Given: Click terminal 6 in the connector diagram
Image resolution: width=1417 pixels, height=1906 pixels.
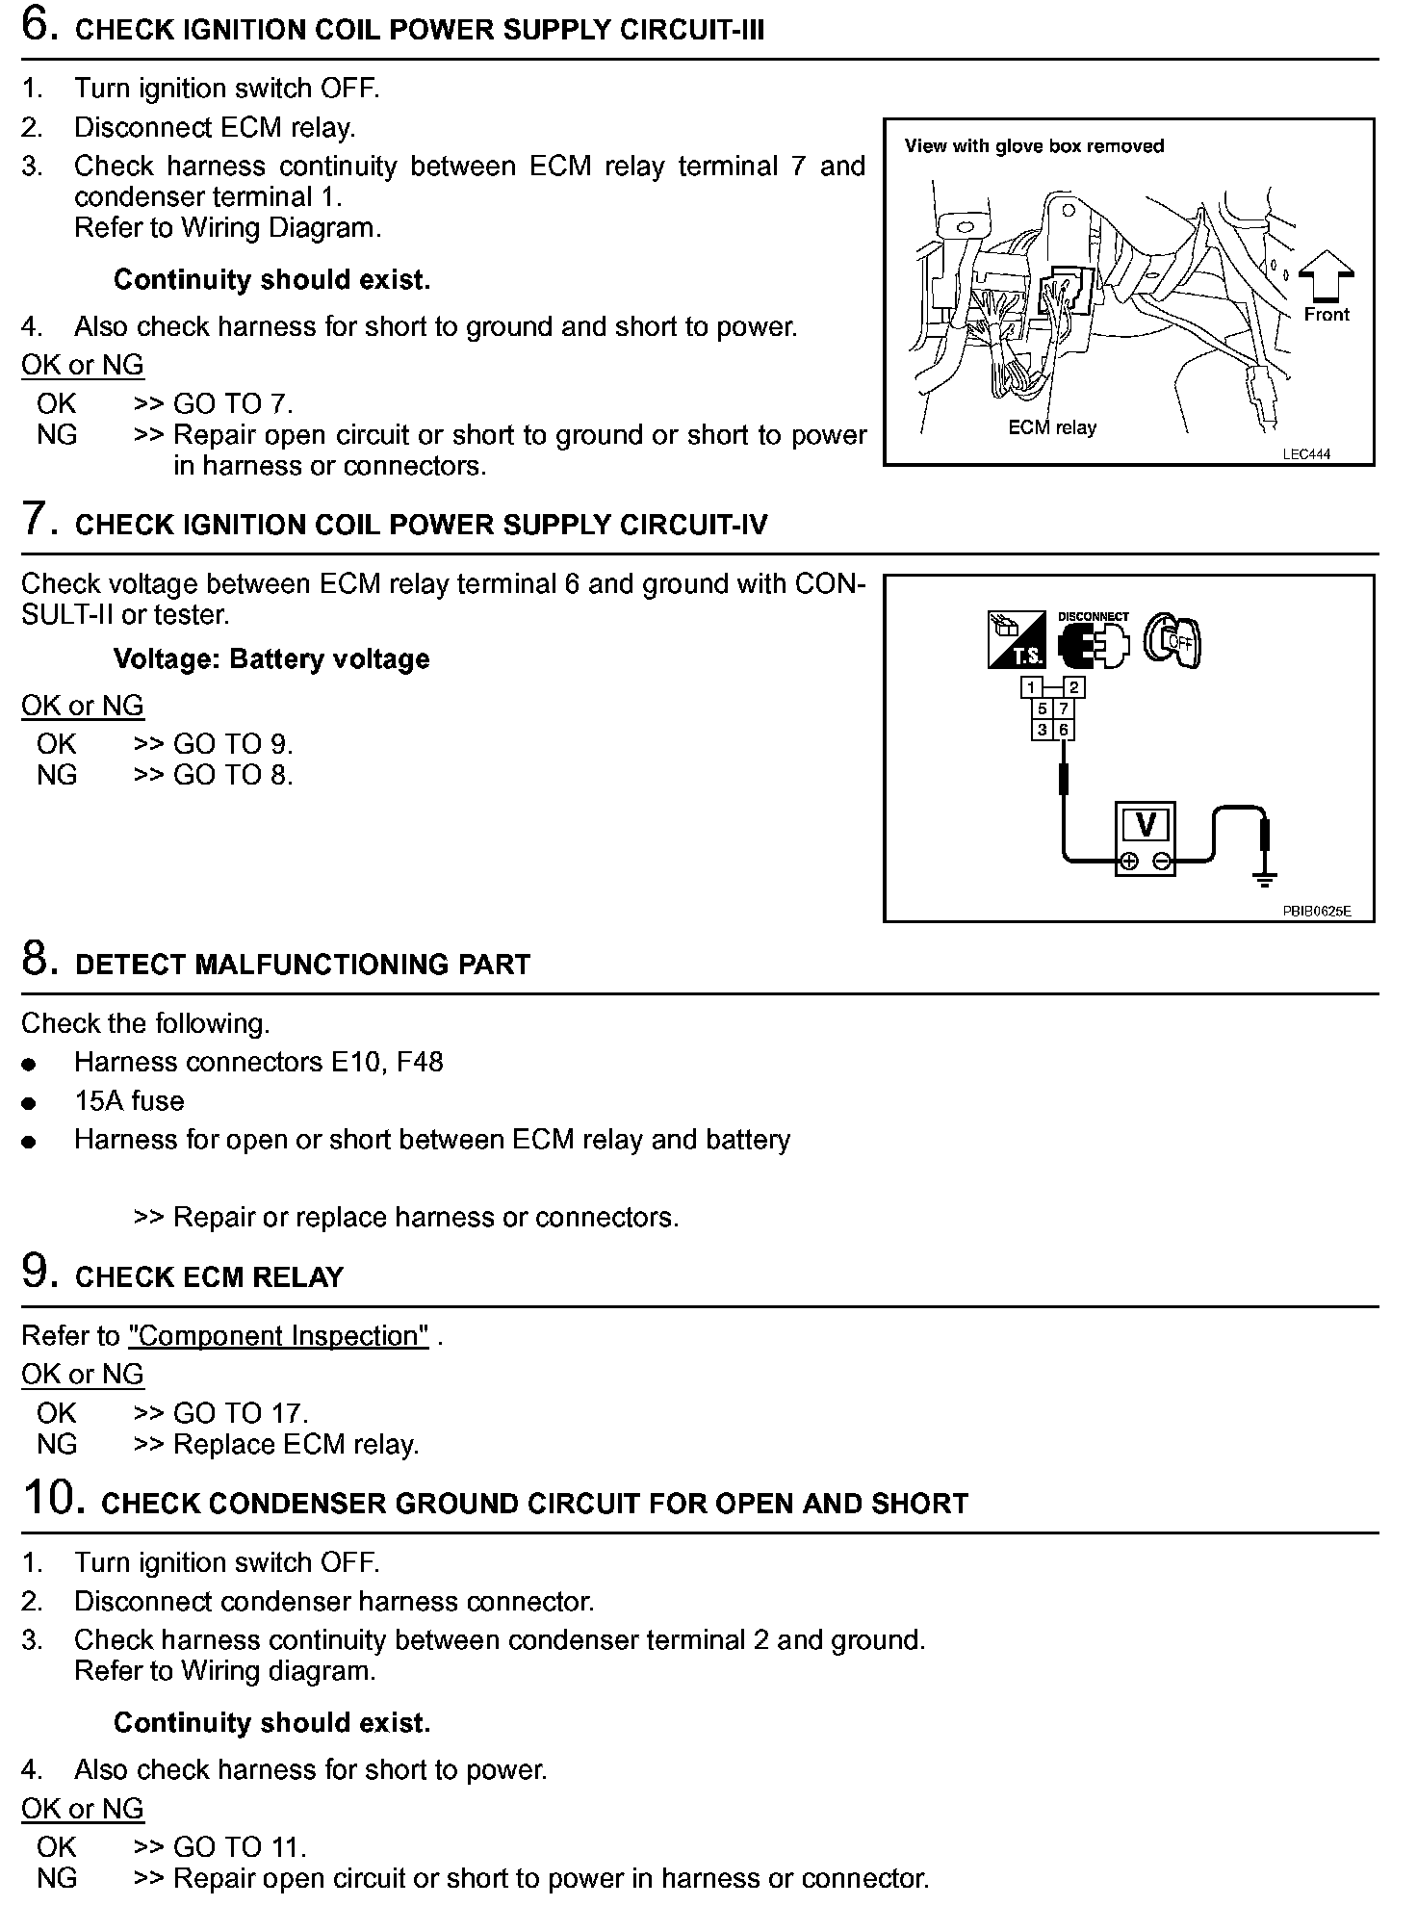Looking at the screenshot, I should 1064,730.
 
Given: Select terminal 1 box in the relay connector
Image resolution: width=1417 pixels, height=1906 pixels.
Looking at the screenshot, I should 1032,687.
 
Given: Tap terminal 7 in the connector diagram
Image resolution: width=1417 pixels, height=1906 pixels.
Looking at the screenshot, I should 1064,708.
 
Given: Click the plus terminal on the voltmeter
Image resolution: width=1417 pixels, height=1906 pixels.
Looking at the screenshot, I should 1130,862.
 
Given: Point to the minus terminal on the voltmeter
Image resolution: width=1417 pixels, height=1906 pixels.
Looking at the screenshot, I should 1162,862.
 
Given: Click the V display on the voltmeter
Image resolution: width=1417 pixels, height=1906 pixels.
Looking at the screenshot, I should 1146,825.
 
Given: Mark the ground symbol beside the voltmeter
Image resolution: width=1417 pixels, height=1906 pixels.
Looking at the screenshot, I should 1266,877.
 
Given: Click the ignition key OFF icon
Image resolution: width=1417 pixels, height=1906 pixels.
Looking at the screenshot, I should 1172,641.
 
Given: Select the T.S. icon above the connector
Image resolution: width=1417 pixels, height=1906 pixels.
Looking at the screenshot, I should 1017,640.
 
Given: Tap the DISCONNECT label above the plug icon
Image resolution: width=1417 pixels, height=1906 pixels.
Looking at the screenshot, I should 1093,616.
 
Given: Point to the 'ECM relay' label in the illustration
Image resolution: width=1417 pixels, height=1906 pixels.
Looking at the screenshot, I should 1052,427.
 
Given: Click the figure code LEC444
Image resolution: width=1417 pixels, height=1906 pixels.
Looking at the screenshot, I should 1306,454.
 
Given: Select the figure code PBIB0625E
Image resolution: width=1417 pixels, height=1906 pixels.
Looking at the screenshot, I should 1316,911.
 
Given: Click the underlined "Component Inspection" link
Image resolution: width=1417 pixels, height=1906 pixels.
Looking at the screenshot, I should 278,1336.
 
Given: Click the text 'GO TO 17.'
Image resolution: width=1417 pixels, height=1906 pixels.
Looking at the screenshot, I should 241,1413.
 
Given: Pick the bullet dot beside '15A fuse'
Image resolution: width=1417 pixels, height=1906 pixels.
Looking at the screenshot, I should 30,1103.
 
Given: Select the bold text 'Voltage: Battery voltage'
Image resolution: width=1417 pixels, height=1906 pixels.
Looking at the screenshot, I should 271,659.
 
